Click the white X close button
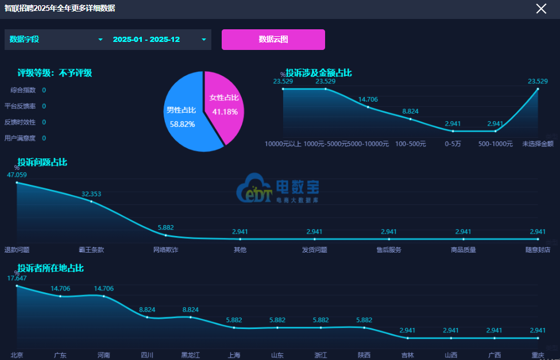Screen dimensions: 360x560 (x=541, y=8)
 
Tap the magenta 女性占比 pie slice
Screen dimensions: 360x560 (x=225, y=103)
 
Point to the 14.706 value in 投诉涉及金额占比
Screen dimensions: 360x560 (x=368, y=99)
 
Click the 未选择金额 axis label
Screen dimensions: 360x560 (x=538, y=144)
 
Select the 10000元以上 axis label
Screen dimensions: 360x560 (x=283, y=144)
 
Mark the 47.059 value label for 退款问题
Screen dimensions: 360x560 (x=17, y=175)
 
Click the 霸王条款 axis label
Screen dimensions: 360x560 (x=91, y=250)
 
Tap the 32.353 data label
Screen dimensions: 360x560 (x=91, y=194)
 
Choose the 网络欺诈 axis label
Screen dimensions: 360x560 (x=165, y=250)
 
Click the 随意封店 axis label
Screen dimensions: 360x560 (x=538, y=250)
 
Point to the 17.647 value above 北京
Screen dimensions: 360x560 (x=17, y=278)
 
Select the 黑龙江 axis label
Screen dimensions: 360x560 (x=191, y=355)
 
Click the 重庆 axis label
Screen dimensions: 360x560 (x=538, y=355)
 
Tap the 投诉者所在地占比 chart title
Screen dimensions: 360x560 (x=51, y=268)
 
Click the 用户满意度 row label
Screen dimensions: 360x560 (x=20, y=138)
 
